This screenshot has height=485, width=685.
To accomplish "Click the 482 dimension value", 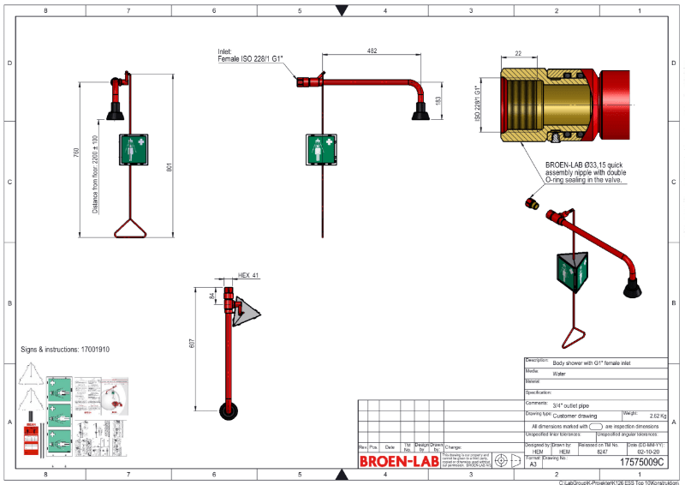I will coord(371,51).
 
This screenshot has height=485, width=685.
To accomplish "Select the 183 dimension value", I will coord(439,100).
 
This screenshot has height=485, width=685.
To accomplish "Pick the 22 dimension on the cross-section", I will coord(518,53).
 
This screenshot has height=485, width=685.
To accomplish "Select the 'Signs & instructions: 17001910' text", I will coord(65,350).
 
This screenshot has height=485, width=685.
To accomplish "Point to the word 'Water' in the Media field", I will coord(559,374).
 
